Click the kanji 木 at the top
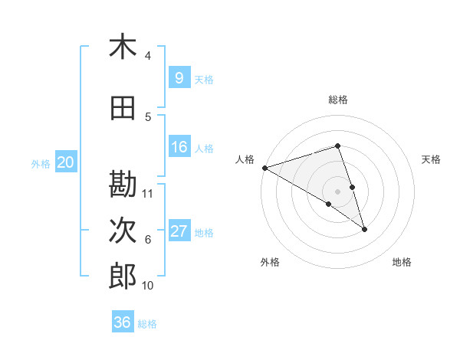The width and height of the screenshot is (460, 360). point(123,47)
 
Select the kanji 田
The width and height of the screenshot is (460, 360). point(123,109)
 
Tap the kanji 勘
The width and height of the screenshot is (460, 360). point(123,185)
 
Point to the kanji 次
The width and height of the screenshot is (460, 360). point(123,231)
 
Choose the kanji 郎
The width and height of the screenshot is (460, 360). point(123,277)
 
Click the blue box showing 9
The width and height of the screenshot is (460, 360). point(179,77)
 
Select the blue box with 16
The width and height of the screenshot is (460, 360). point(179,147)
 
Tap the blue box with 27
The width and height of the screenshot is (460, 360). point(179,231)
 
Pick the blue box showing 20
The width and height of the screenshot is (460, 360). point(66,162)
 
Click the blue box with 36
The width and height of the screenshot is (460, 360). point(123,322)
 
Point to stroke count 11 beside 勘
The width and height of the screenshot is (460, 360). point(149,193)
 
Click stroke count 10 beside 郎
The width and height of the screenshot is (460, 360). point(148,286)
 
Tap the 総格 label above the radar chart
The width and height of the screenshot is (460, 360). point(338,100)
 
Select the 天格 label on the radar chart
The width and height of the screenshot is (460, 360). point(432,159)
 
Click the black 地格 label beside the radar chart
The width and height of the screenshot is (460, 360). point(402,262)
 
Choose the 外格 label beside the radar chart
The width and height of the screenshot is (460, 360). point(270,262)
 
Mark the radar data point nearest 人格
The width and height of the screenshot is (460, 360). point(264,167)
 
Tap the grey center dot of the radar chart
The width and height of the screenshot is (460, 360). point(338,191)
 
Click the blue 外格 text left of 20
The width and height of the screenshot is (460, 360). point(41,163)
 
